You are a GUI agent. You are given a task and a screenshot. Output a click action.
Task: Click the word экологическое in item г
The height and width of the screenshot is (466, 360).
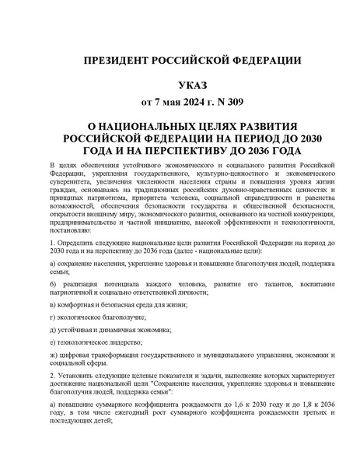80,328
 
